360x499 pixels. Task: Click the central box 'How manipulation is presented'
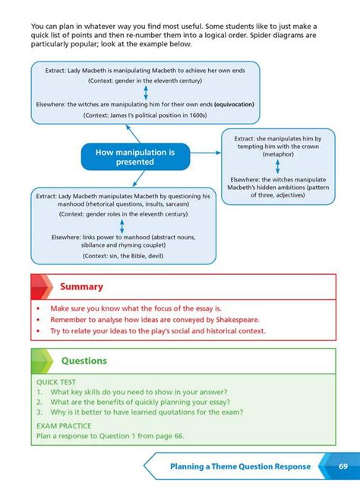135,156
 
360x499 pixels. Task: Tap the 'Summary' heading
81,287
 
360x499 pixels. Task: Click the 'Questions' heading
84,361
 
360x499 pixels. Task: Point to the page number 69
343,466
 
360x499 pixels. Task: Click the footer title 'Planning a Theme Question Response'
239,466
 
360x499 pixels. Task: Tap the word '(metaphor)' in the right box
278,154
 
